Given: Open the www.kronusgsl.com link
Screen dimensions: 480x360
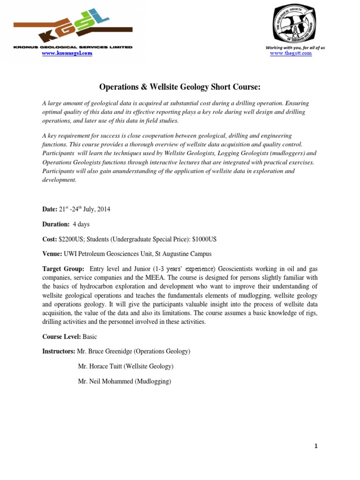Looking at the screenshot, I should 67,53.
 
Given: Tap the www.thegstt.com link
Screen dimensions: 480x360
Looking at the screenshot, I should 291,53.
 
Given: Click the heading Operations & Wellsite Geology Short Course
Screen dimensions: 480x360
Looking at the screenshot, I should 180,87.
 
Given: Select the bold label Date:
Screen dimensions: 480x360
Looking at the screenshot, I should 50,210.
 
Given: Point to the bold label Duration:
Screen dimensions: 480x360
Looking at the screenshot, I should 55,225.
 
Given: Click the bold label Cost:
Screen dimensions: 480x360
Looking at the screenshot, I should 50,239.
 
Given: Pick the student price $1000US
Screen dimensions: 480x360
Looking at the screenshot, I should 204,239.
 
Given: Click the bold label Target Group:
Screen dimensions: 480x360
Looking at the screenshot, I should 63,269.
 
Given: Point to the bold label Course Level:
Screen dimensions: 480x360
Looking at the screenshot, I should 61,337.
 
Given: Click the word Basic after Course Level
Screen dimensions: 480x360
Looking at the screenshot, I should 90,337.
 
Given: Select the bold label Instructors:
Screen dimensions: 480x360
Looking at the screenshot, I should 59,351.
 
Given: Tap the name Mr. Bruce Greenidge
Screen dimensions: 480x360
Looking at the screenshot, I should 108,351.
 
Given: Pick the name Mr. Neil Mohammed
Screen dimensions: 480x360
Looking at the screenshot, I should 105,382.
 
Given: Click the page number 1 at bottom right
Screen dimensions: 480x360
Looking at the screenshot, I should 316,446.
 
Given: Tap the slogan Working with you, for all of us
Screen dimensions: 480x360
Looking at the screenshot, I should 295,48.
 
